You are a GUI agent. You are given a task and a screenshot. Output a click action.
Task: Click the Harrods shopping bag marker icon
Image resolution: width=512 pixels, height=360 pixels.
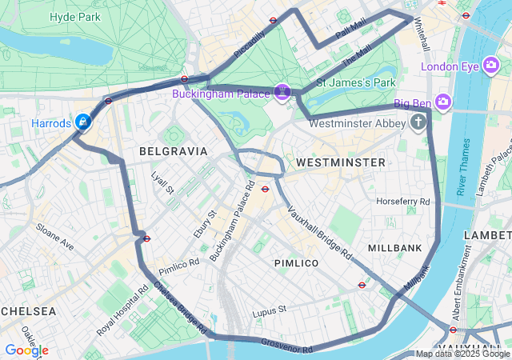(x=82, y=122)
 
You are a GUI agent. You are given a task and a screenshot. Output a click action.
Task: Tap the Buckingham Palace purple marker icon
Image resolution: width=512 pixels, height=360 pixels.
(x=282, y=93)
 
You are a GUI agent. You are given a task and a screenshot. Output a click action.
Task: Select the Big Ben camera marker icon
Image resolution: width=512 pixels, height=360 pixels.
(x=444, y=102)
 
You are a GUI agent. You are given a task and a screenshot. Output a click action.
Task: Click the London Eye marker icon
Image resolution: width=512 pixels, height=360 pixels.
(x=491, y=66)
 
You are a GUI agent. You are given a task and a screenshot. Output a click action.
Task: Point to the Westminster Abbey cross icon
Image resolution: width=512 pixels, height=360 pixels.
(x=418, y=122)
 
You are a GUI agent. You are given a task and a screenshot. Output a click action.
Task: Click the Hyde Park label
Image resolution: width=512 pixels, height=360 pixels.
(x=74, y=17)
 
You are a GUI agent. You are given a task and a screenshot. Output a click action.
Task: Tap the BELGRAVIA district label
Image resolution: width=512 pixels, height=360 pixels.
(x=173, y=150)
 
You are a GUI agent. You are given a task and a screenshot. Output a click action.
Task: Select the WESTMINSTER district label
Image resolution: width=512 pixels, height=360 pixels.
(x=340, y=162)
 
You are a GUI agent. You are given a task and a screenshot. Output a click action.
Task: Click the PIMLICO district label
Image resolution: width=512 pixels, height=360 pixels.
(x=296, y=262)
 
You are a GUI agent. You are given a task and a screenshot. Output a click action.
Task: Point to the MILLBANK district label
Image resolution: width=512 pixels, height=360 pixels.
(x=394, y=248)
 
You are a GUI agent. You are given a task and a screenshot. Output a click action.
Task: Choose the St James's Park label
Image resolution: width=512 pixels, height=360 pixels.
(x=356, y=82)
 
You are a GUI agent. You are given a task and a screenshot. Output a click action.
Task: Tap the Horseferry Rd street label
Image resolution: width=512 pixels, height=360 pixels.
(x=403, y=201)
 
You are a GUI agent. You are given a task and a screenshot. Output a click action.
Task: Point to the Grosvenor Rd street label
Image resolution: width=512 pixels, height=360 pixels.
(x=286, y=346)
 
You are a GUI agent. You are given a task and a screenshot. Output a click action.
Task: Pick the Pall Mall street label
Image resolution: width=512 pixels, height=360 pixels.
(x=350, y=32)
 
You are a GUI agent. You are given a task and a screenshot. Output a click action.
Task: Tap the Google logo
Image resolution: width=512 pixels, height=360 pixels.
(x=26, y=350)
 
